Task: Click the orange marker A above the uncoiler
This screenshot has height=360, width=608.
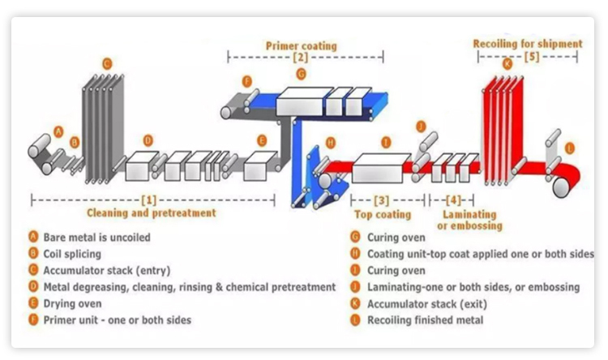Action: (x=58, y=130)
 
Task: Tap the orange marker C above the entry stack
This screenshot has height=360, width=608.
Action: (x=106, y=62)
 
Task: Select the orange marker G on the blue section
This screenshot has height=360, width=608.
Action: (x=301, y=74)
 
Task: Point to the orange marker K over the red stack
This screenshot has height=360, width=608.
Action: (x=507, y=63)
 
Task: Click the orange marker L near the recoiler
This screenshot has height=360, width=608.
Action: (x=570, y=148)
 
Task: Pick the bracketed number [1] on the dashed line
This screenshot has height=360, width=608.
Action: (x=149, y=198)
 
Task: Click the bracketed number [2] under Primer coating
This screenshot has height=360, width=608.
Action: (x=301, y=58)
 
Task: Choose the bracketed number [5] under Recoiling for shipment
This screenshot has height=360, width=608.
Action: (x=531, y=57)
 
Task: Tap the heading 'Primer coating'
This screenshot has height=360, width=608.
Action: (x=301, y=45)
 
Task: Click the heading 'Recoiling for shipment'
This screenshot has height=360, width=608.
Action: (x=528, y=44)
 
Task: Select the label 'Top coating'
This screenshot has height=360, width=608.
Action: (x=383, y=215)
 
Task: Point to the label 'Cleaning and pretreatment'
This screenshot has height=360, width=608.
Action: (x=152, y=212)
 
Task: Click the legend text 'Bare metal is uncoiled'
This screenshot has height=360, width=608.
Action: (x=96, y=238)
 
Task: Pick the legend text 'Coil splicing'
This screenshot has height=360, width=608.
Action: (x=74, y=254)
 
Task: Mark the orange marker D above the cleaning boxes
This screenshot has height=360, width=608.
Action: (x=147, y=139)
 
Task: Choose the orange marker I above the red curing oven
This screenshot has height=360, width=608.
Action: (x=386, y=142)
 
